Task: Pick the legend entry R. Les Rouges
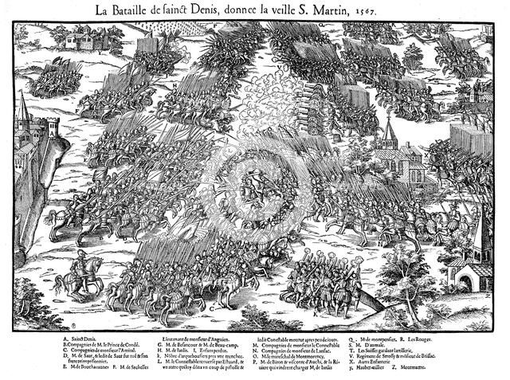[418, 338]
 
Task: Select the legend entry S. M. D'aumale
[391, 345]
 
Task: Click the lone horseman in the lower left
[75, 267]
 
